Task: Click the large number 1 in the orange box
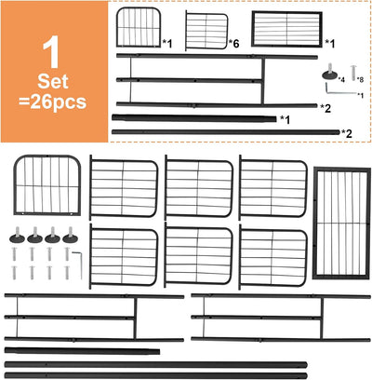coord(51,53)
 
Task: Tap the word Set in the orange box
coord(53,82)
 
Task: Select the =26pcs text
coord(53,102)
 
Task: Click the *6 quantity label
coord(234,44)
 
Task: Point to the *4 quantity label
coord(341,80)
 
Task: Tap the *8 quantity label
coord(360,80)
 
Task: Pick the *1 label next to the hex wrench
coord(360,95)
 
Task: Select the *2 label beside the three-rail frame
coord(325,108)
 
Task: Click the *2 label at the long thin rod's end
coord(347,133)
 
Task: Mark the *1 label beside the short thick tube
coord(285,119)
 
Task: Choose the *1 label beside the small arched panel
coord(167,44)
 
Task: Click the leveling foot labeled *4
coord(329,73)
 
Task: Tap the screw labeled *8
coord(353,74)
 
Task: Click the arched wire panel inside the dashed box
coord(139,27)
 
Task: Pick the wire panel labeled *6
coord(206,31)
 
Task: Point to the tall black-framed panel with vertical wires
coord(341,224)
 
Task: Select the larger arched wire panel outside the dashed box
coord(47,185)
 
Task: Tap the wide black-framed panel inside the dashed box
coord(286,29)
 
